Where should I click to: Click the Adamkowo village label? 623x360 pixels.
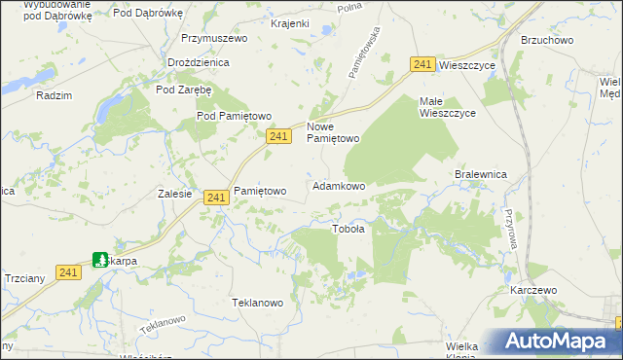tap(339, 186)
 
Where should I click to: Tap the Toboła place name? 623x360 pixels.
tap(348, 230)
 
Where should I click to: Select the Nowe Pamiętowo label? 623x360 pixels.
tap(334, 132)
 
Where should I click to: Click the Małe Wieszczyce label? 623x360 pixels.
tap(447, 107)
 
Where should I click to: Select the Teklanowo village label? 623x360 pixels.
tap(257, 303)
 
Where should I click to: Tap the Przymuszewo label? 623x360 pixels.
tap(214, 39)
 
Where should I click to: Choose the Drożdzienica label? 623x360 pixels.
tap(198, 61)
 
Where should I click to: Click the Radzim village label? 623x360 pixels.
tap(54, 95)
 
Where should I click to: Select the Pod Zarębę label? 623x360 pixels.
tap(184, 90)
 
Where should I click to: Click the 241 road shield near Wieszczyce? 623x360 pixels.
tap(421, 64)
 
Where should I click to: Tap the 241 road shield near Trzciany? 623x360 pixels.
tap(67, 273)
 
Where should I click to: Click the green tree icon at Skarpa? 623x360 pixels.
tap(100, 260)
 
